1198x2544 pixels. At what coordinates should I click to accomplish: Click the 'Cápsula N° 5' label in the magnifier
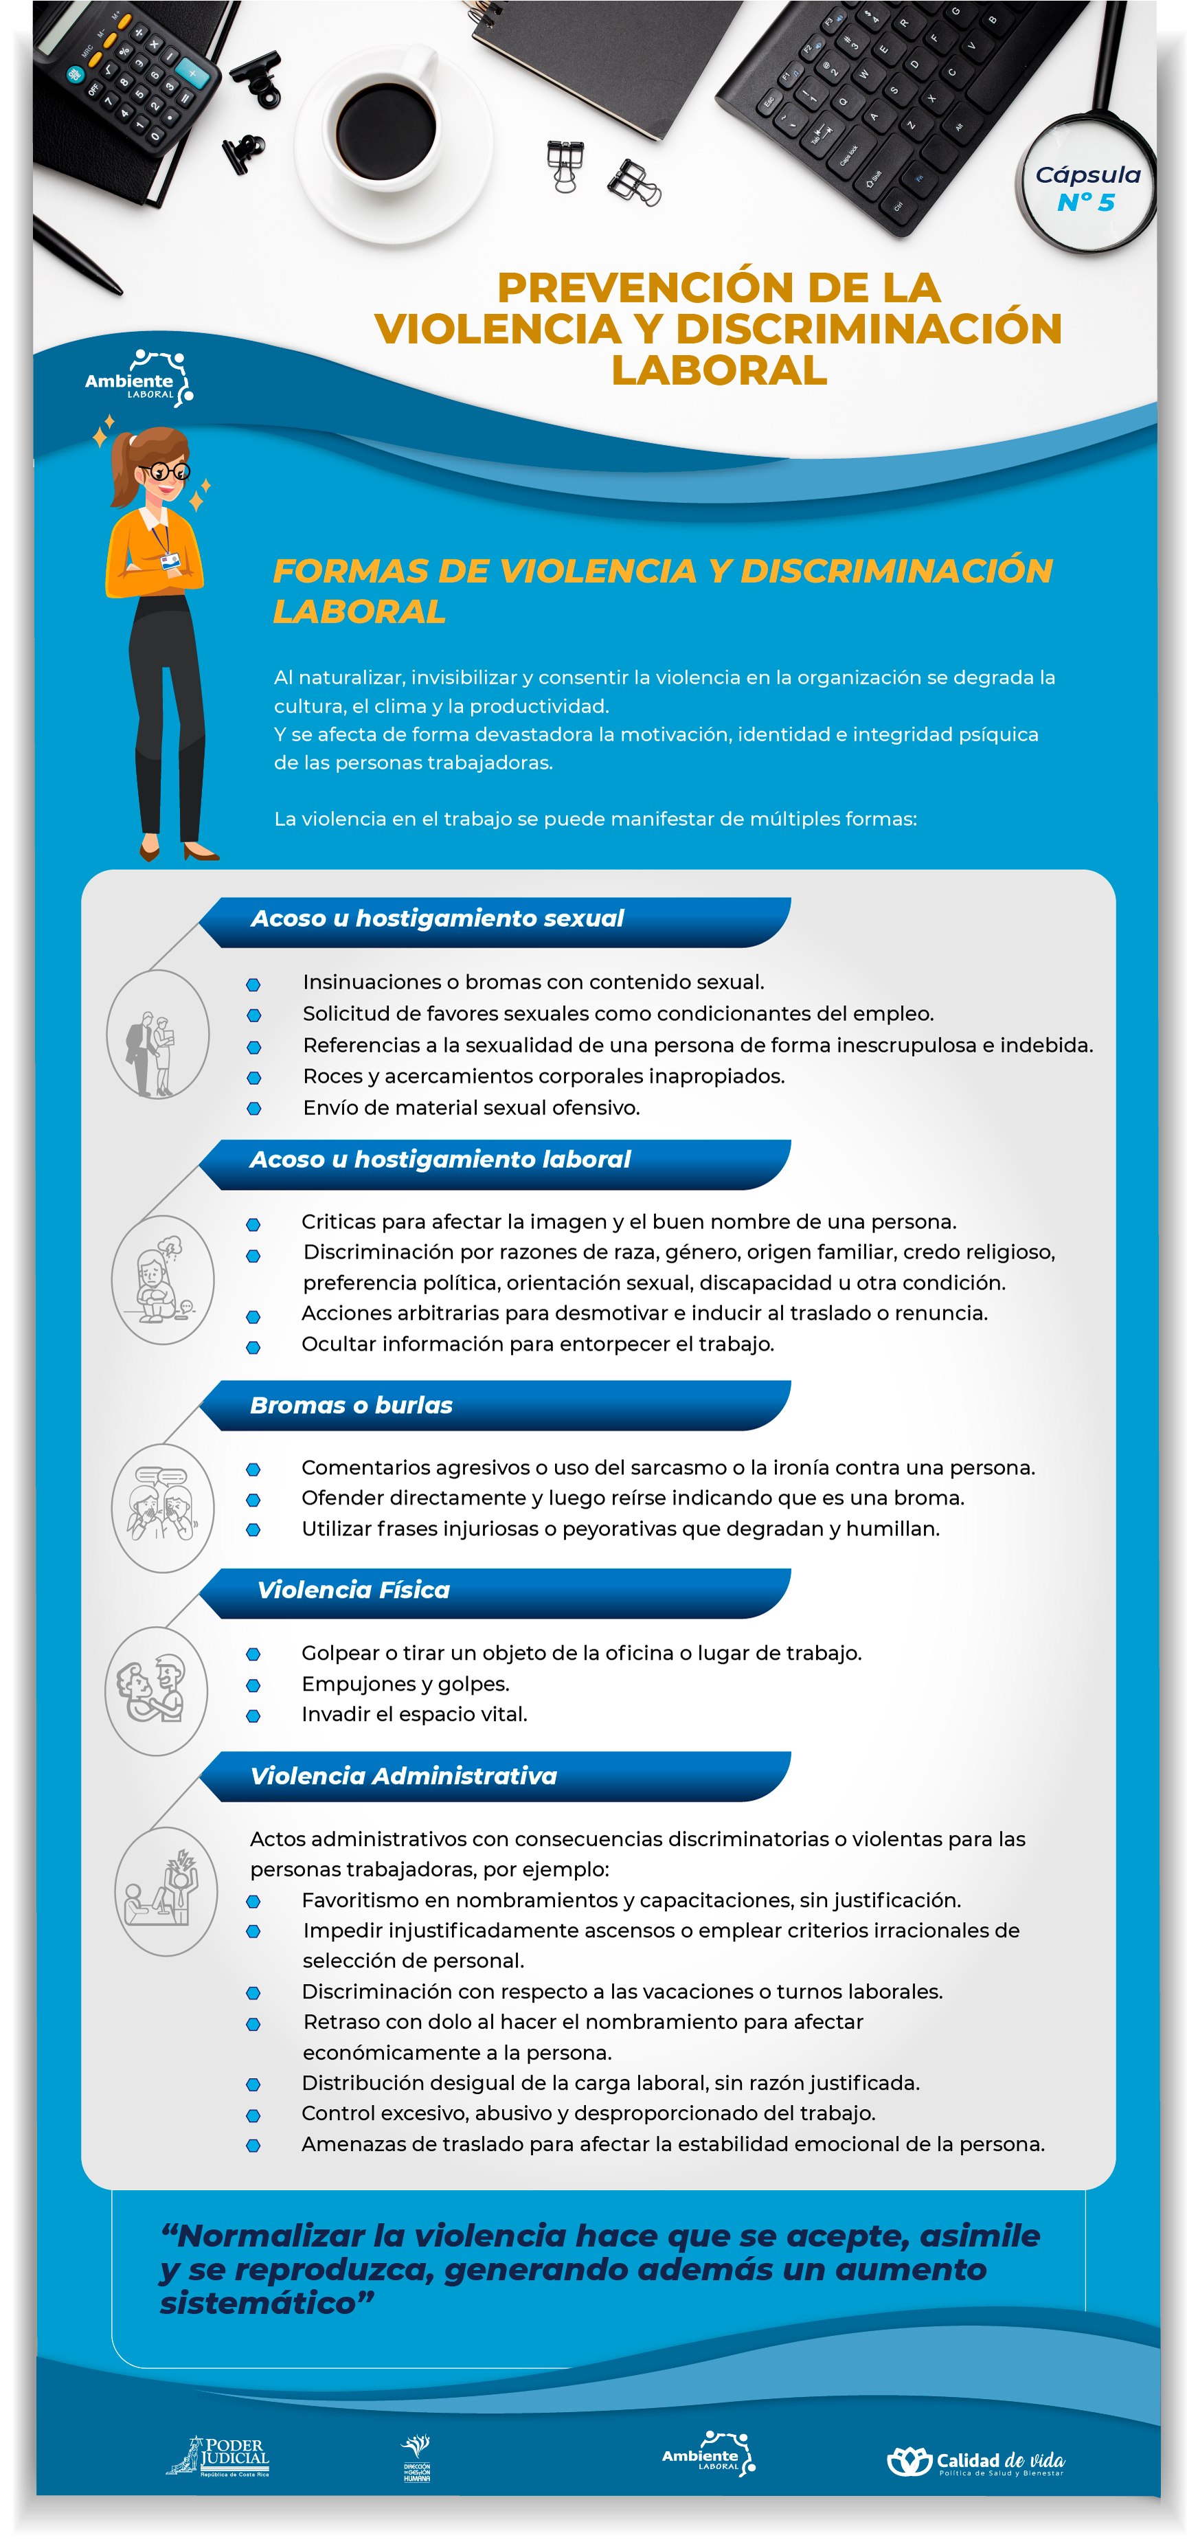point(1087,188)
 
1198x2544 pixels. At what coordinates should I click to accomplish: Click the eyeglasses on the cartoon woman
point(165,471)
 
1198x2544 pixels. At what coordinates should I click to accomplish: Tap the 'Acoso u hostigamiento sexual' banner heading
point(438,919)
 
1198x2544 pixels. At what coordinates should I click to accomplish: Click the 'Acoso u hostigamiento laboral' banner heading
point(440,1160)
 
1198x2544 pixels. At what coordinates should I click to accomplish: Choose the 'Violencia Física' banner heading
point(354,1590)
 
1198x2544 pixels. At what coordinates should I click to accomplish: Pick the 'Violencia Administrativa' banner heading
point(403,1777)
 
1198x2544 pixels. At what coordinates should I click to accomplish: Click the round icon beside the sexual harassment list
point(157,1034)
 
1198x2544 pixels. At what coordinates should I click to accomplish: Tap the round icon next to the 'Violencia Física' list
point(156,1691)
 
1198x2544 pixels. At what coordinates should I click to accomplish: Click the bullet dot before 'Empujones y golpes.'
point(253,1685)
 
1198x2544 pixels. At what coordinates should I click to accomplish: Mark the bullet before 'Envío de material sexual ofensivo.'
point(253,1109)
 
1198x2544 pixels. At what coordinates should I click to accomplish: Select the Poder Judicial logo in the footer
point(219,2456)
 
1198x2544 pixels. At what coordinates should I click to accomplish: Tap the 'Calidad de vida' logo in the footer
point(976,2460)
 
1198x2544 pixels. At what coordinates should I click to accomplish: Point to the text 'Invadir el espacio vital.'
point(414,1715)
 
